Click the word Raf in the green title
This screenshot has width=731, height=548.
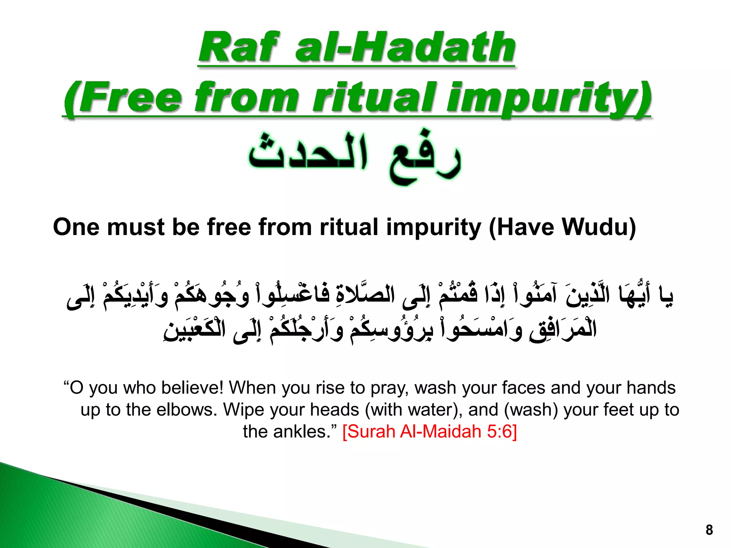238,47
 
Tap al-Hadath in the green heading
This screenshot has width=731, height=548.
405,47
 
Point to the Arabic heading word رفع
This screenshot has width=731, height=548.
425,157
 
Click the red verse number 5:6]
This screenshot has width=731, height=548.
502,432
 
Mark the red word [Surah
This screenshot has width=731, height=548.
369,432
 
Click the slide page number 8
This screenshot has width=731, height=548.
709,530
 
